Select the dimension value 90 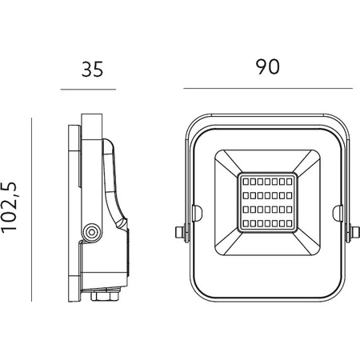(267, 68)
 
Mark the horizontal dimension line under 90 (267, 88)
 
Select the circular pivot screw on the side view (92, 231)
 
